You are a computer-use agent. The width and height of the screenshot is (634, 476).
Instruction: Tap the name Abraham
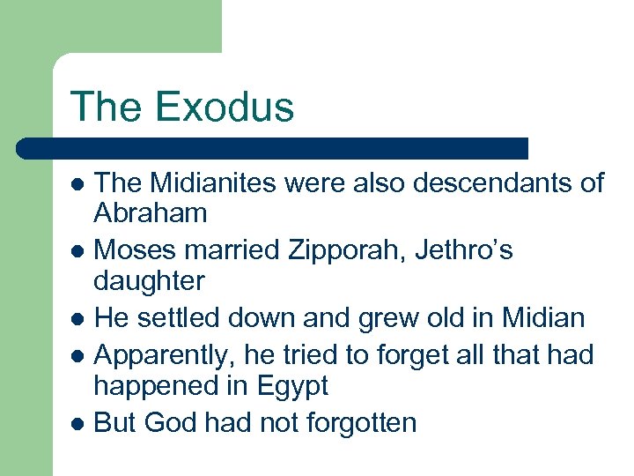tap(151, 213)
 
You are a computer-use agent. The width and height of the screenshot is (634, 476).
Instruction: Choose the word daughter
tap(149, 282)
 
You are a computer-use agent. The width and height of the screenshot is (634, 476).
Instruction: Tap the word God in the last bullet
tap(172, 422)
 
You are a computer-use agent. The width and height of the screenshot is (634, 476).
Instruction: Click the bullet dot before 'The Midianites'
tap(77, 184)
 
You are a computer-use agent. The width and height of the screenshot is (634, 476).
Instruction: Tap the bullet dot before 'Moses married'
tap(77, 253)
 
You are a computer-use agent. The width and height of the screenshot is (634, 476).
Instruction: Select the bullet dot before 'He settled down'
tap(77, 317)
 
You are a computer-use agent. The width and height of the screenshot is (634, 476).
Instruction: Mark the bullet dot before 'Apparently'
tap(77, 356)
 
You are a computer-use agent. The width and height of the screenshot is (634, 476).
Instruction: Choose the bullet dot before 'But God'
tap(77, 424)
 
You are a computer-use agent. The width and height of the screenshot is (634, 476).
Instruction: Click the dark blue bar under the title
tap(273, 148)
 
